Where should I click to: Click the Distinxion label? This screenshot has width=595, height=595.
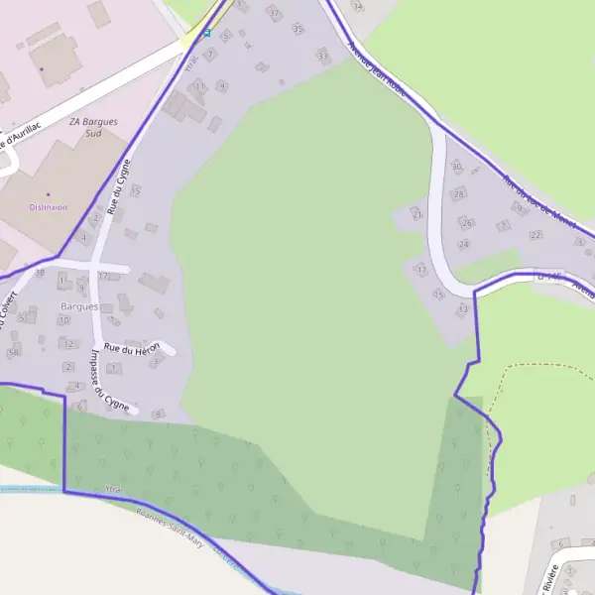[x=48, y=207]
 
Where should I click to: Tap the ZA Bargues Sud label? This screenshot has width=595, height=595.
[x=93, y=127]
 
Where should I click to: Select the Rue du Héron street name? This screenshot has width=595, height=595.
[x=132, y=347]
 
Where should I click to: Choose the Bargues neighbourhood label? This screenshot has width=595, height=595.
[x=79, y=306]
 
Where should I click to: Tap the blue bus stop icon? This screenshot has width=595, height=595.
[x=206, y=33]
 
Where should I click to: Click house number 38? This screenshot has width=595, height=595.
[x=40, y=272]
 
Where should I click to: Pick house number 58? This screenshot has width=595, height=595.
[x=13, y=352]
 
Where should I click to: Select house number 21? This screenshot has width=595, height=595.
[x=417, y=214]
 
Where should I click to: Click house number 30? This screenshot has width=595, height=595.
[x=456, y=167]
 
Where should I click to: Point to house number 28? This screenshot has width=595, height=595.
[x=459, y=193]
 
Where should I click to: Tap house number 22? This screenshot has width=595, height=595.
[x=535, y=235]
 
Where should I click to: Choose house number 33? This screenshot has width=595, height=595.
[x=321, y=56]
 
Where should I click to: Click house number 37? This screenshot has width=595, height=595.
[x=274, y=13]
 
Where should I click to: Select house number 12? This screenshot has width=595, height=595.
[x=67, y=344]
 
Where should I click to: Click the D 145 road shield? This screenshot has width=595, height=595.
[x=547, y=274]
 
